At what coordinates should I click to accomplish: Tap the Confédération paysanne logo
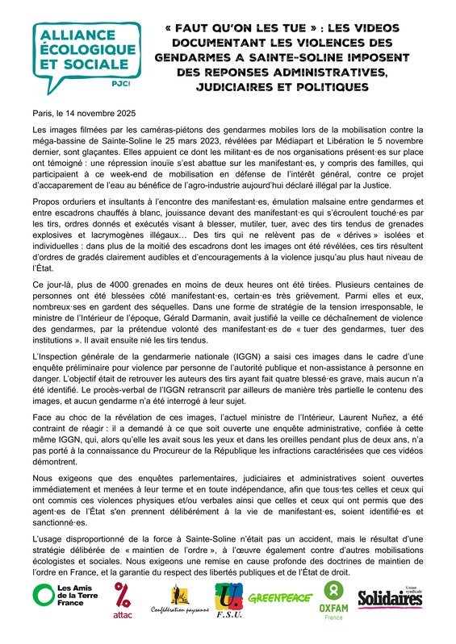tap(180, 601)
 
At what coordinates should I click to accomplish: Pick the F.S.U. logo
tap(230, 601)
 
